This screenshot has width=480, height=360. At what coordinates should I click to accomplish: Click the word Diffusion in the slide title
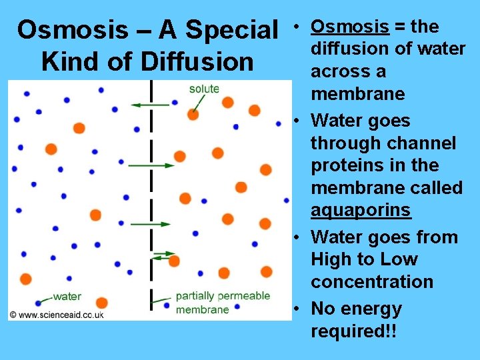[197, 61]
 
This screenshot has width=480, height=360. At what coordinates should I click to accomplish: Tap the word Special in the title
[231, 30]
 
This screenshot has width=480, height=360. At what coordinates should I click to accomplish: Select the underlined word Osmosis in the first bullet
[350, 27]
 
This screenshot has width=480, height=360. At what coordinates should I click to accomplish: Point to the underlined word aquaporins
[361, 210]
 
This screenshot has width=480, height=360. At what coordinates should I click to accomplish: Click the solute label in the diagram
[204, 89]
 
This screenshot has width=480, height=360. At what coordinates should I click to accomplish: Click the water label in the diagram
[67, 296]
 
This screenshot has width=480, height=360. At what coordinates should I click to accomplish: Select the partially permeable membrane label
[223, 303]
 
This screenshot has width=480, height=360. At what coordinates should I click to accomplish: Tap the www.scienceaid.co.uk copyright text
[57, 315]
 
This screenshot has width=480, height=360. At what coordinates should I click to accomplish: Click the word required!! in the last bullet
[353, 331]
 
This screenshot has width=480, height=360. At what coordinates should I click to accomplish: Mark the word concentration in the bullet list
[372, 282]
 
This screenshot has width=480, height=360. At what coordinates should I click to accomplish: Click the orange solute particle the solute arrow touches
[193, 114]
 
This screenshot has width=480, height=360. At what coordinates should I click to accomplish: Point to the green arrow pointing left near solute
[150, 105]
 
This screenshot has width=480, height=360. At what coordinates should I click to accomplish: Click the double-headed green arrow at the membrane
[163, 254]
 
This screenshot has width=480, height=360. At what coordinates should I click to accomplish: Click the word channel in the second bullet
[419, 143]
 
